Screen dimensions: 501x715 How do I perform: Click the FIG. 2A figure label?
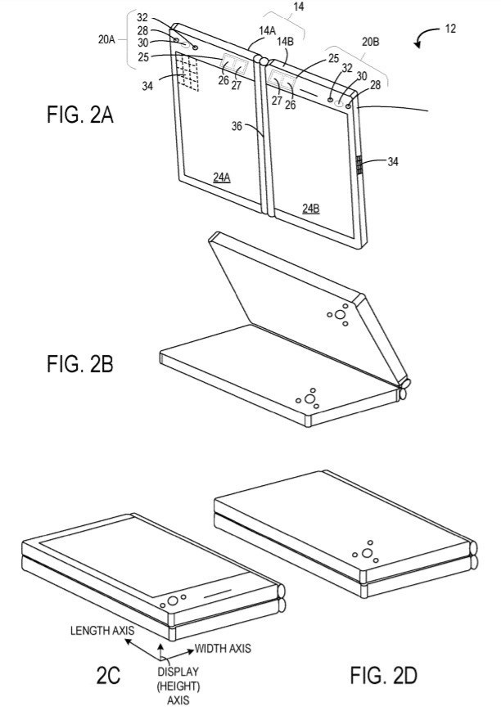[80, 115]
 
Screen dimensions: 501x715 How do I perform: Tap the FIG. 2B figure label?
[80, 364]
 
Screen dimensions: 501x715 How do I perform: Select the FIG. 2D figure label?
[383, 675]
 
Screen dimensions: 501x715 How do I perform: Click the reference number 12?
[450, 29]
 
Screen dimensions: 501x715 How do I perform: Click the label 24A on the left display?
[222, 178]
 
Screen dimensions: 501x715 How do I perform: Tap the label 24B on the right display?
[311, 209]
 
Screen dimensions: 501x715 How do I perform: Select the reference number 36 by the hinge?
[237, 126]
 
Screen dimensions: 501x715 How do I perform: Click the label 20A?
[106, 39]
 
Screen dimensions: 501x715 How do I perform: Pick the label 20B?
[370, 42]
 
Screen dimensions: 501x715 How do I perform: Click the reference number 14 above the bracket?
[299, 7]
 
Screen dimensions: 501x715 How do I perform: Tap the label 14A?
[267, 31]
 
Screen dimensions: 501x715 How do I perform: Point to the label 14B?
[285, 41]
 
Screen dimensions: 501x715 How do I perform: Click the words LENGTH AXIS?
[102, 631]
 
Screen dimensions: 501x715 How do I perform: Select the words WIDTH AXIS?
[223, 648]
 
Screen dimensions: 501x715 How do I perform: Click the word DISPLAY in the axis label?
[178, 672]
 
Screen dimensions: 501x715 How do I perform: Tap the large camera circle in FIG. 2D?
[367, 554]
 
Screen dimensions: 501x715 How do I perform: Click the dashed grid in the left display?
[187, 72]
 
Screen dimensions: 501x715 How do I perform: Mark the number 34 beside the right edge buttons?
[392, 161]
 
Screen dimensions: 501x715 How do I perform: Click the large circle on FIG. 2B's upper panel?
[340, 314]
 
